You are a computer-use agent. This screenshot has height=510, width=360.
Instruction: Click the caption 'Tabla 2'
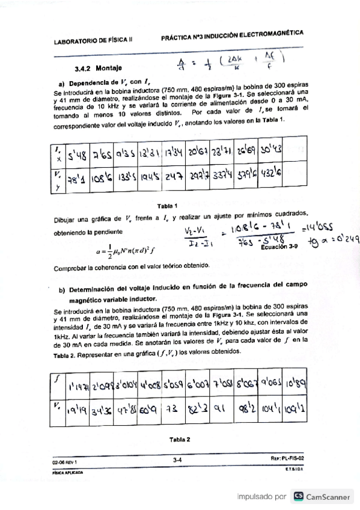[x=180, y=439]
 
